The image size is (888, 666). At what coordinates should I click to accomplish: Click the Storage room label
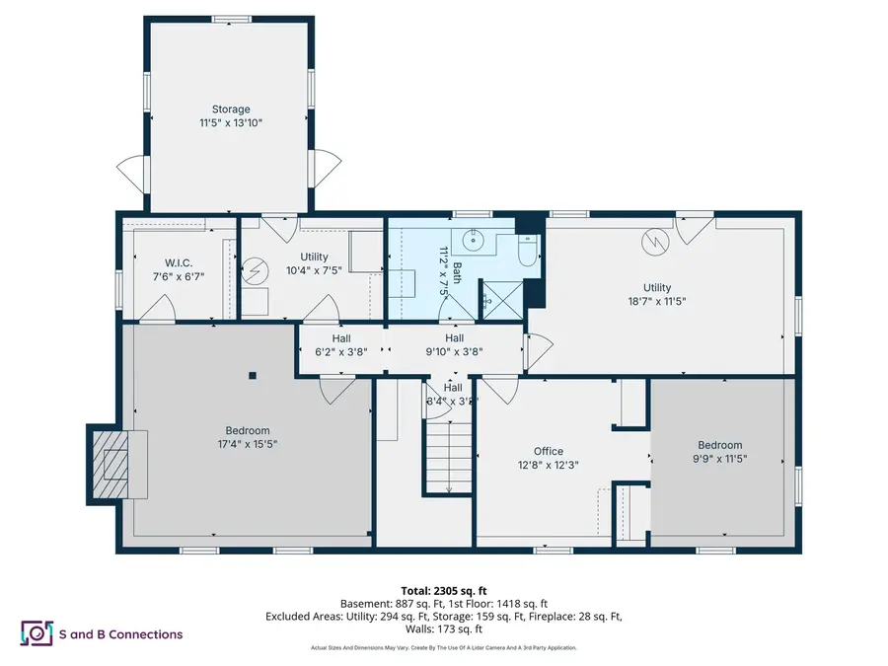pos(230,110)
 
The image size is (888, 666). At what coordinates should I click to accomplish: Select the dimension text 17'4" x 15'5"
pos(247,444)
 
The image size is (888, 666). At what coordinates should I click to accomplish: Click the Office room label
pos(549,451)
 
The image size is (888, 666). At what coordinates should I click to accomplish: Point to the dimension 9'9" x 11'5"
pos(720,459)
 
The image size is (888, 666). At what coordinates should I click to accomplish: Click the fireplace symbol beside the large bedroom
pos(115,463)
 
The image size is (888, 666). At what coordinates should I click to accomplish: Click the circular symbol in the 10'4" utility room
pos(257,268)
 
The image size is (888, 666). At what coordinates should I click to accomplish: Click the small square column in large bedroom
pos(253,375)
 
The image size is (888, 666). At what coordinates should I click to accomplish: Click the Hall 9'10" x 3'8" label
pos(454,343)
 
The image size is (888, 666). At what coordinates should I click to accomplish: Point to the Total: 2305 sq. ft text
pos(443,587)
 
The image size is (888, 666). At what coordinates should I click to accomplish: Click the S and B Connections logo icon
pos(37,633)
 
